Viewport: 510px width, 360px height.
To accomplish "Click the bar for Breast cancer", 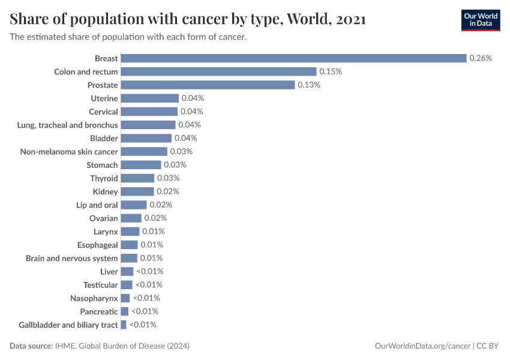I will pos(293,58).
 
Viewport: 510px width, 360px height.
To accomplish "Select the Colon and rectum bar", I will pos(218,71).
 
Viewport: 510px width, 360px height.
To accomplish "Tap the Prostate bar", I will pos(208,85).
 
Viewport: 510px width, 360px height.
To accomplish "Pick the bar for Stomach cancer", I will pos(141,165).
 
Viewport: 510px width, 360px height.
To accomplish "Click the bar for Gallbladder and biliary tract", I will pos(124,325).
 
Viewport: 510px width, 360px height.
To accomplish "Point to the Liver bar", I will pos(127,272).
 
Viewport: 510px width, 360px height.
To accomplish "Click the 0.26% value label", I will pos(481,58).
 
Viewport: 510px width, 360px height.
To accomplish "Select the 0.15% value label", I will pos(331,71).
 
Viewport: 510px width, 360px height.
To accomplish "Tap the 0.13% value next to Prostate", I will pos(309,85).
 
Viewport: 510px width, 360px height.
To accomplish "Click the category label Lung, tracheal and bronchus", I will pos(68,125).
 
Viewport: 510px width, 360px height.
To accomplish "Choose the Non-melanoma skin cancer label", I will pos(69,152).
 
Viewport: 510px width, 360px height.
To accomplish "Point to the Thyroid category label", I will pos(104,178).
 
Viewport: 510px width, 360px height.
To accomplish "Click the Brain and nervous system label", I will pos(72,258).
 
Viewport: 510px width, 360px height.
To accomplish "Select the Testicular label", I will pos(101,285).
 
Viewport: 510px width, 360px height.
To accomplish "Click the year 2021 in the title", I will pos(351,20).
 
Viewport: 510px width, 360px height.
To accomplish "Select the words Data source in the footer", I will pos(31,346).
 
